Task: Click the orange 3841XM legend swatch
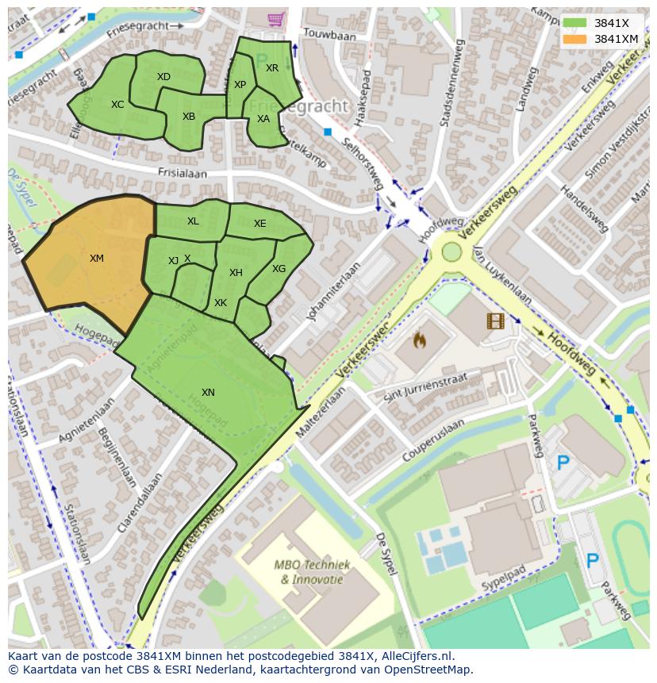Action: (x=574, y=39)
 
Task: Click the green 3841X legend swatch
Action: (x=574, y=23)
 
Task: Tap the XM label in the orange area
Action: (x=97, y=259)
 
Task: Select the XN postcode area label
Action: (x=208, y=393)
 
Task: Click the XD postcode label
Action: (x=163, y=77)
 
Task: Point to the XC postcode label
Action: (x=117, y=105)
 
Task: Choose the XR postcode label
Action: (x=272, y=68)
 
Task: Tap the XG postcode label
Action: (x=279, y=269)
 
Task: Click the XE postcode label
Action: (x=260, y=224)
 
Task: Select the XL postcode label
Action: (x=193, y=221)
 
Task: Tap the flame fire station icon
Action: (x=420, y=341)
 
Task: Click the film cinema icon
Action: (x=496, y=320)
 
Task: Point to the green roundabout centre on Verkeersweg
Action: (x=451, y=251)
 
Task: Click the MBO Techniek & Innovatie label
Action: (x=310, y=572)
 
